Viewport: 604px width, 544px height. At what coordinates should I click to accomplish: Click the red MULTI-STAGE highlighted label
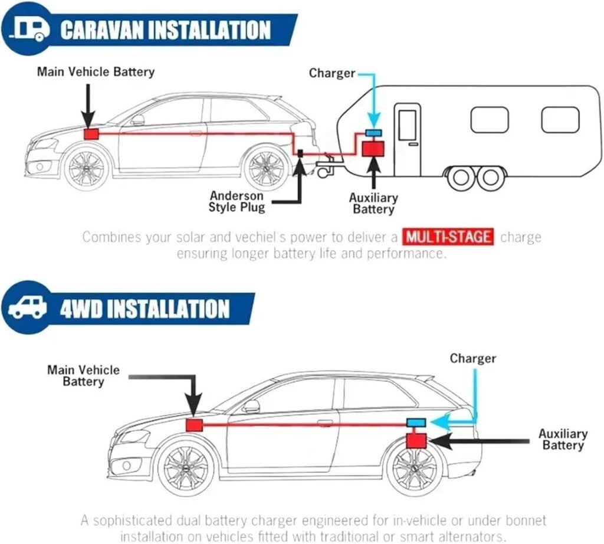pos(448,237)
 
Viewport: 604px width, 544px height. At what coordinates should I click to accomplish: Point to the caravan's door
pos(408,139)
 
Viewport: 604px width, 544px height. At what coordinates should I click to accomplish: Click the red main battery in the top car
pos(91,134)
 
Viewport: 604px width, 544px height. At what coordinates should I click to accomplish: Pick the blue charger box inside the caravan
pos(373,132)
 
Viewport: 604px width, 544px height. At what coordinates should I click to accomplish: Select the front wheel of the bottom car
pos(186,469)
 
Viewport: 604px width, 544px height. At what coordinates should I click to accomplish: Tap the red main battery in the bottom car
pos(195,425)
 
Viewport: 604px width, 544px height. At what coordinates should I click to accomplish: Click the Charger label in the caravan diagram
pos(332,73)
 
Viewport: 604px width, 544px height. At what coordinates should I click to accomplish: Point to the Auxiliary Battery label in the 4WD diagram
pos(563,440)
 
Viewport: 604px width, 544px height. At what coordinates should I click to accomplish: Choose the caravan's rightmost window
pos(560,120)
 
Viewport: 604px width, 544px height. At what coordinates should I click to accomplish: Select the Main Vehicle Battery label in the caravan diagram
pos(96,71)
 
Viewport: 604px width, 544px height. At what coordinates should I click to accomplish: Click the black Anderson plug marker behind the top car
pos(300,153)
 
